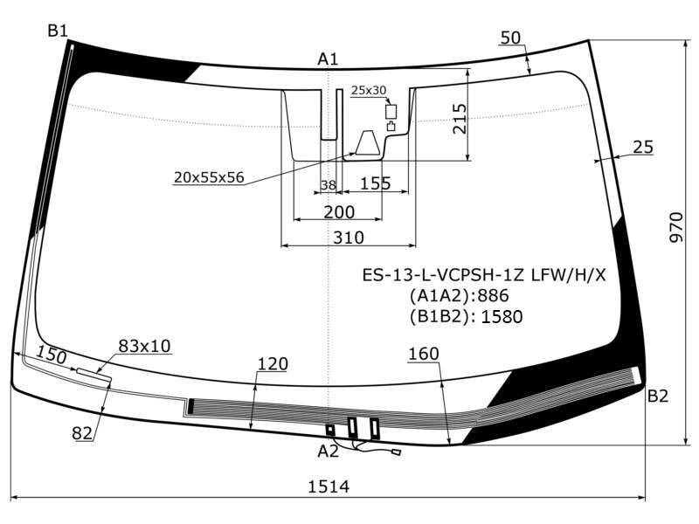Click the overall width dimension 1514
(329, 486)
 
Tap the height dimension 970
(676, 227)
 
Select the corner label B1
(58, 31)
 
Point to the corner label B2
(658, 396)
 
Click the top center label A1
(328, 59)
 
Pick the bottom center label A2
(329, 452)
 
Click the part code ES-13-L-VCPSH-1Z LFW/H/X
(484, 275)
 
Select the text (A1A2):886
(460, 296)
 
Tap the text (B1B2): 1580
(466, 317)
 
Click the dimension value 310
(348, 238)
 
